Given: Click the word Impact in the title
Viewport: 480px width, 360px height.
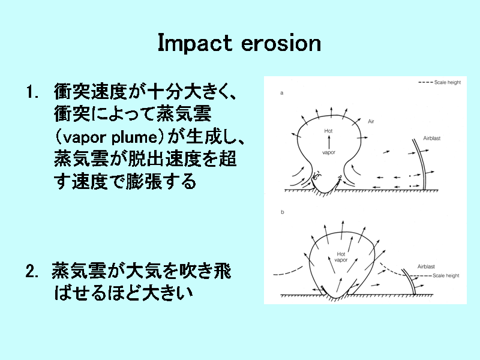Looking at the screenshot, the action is (x=194, y=43).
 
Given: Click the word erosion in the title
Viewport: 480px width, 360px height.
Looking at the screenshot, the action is (x=281, y=43).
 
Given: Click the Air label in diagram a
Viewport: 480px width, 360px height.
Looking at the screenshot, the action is (x=371, y=122).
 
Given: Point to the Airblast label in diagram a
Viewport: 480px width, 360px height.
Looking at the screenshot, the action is (x=431, y=139).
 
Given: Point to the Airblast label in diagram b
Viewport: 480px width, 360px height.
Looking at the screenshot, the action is (x=426, y=266).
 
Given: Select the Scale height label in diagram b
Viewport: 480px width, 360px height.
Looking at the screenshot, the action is (x=446, y=275).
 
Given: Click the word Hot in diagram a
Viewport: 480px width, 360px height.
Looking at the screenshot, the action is (x=328, y=131).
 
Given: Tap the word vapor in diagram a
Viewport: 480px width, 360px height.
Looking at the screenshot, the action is (x=328, y=152).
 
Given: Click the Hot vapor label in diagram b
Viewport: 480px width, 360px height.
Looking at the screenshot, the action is (x=341, y=257).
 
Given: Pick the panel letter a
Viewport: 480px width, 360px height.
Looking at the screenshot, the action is (x=282, y=93).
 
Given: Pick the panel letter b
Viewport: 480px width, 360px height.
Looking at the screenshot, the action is (x=282, y=212).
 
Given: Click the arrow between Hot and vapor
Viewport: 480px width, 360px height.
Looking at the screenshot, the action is (x=329, y=142).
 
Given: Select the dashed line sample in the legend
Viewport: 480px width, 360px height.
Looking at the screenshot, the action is (x=425, y=82).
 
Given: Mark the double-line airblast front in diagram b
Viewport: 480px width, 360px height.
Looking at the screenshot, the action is (x=410, y=281).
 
